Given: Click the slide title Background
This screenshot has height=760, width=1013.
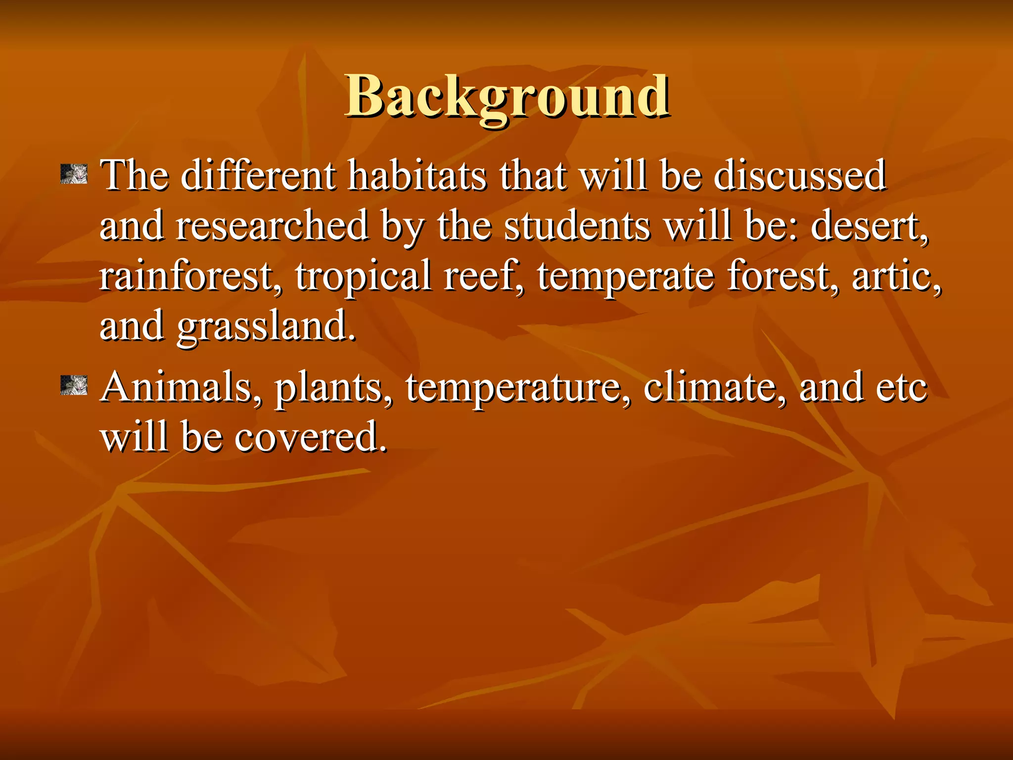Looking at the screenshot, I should [x=507, y=96].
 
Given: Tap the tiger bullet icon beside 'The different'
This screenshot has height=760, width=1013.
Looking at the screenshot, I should [x=74, y=174].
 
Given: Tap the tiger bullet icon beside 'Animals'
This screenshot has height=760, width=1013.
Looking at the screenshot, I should [x=74, y=385].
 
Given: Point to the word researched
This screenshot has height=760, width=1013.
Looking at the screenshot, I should [x=272, y=226].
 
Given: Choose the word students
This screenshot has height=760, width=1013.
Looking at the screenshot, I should [x=577, y=226].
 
